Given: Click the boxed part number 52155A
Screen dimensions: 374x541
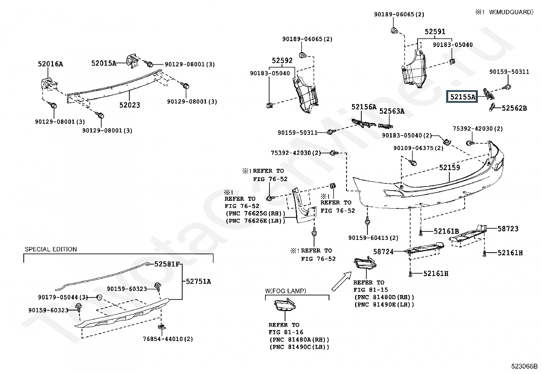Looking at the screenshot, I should (x=463, y=97).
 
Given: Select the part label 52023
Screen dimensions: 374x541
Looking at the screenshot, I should (x=129, y=105).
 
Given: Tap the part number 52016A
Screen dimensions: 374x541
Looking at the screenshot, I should (x=50, y=64).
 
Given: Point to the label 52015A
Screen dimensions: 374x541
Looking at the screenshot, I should (x=104, y=63).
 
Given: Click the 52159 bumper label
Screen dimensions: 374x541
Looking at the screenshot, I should (x=449, y=167).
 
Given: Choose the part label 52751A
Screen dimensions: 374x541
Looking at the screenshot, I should (x=198, y=281).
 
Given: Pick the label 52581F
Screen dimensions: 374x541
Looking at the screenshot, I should (x=167, y=264).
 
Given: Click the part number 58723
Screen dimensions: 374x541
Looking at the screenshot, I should (x=508, y=229).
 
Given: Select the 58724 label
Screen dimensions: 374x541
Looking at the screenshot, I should (x=383, y=252).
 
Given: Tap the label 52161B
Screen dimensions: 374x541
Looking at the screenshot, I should (x=446, y=231).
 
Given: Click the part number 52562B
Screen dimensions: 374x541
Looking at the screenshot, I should (x=514, y=108).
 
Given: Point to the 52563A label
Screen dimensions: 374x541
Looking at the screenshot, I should (x=392, y=111).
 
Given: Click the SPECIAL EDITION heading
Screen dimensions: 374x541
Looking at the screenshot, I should (x=51, y=249).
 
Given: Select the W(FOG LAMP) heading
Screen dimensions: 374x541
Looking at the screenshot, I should (x=285, y=291).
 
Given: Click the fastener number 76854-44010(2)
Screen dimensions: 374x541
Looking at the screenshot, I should (x=168, y=339).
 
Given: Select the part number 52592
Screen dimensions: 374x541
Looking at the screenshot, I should (x=282, y=61).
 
